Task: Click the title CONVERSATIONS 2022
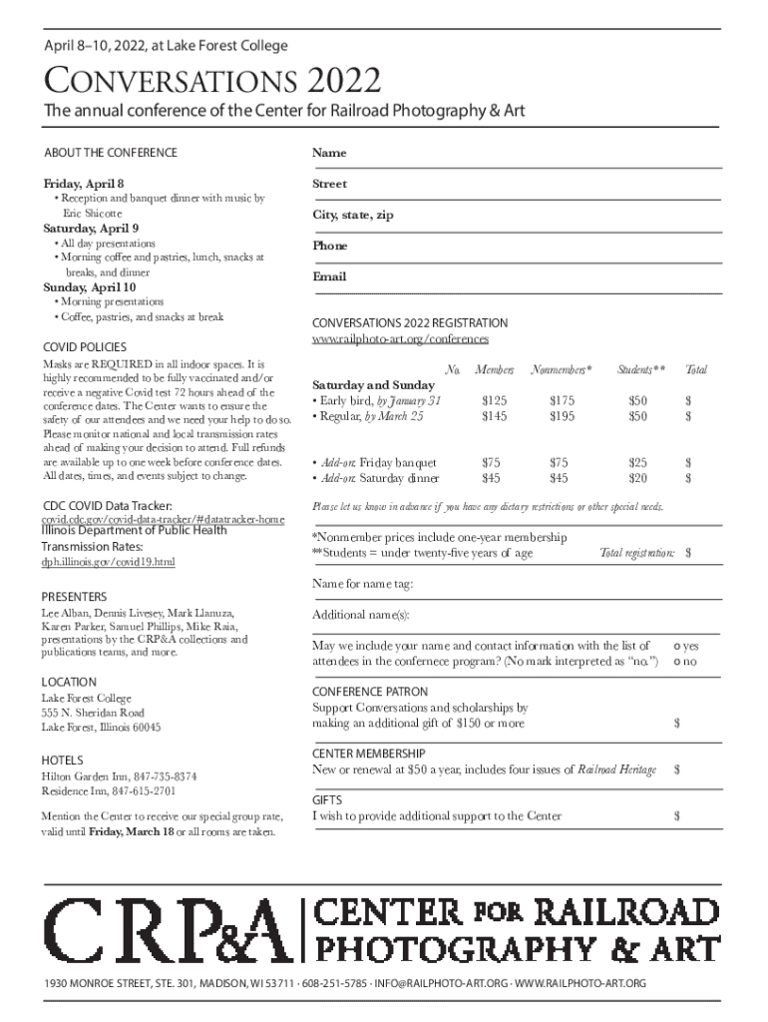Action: coord(209,81)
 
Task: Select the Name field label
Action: coord(328,153)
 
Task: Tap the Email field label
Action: coord(328,276)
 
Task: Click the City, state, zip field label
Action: coord(353,215)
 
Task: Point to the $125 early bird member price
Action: coord(491,400)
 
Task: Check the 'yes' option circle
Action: coord(679,648)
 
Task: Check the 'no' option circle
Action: coord(679,663)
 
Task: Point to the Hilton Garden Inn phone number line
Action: coord(119,775)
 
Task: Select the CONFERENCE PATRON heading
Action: coord(370,692)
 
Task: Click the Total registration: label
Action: coord(636,553)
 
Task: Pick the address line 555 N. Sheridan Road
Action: coord(93,713)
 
